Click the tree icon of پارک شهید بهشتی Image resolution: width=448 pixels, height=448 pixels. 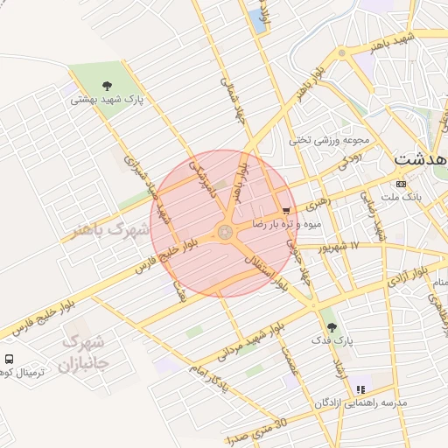tap(107, 86)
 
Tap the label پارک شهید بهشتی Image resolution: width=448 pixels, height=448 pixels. tap(107, 100)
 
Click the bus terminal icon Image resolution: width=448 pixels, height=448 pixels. tap(9, 359)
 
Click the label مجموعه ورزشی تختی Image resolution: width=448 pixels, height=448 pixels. tap(331, 139)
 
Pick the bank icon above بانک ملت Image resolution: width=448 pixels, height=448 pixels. tap(401, 184)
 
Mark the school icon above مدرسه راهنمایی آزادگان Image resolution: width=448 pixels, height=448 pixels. tap(360, 390)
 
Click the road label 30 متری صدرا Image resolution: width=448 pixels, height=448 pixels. tap(256, 430)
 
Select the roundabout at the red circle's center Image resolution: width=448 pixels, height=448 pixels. tap(224, 232)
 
